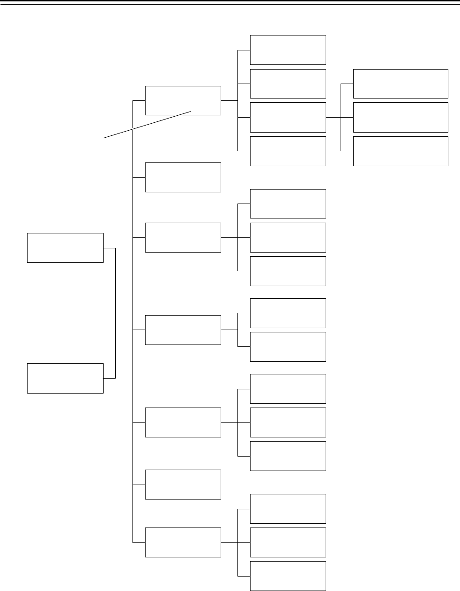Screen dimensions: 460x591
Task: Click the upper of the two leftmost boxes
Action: (x=65, y=247)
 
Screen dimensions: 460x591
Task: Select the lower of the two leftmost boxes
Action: (x=65, y=378)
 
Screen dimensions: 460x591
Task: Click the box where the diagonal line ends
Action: (x=183, y=100)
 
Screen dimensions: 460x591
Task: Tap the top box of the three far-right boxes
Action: (x=400, y=84)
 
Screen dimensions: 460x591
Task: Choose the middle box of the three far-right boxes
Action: (x=400, y=117)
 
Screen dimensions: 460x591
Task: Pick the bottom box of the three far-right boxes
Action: (x=400, y=151)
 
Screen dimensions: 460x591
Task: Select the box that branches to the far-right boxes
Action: (x=288, y=117)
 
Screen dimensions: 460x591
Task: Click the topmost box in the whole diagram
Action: (x=288, y=49)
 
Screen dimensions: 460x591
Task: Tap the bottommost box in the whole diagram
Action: (x=288, y=576)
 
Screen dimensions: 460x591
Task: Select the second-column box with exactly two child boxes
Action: (x=183, y=330)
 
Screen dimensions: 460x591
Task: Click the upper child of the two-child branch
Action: (x=288, y=313)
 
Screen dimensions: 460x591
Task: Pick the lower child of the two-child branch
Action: (x=288, y=346)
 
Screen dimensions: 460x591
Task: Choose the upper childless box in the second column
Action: (x=183, y=177)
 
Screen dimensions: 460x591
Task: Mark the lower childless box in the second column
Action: (x=183, y=484)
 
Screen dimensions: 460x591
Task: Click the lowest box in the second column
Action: (x=183, y=542)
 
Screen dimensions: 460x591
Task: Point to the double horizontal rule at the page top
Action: (x=230, y=3)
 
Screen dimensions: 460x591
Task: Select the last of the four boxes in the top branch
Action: (x=288, y=151)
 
